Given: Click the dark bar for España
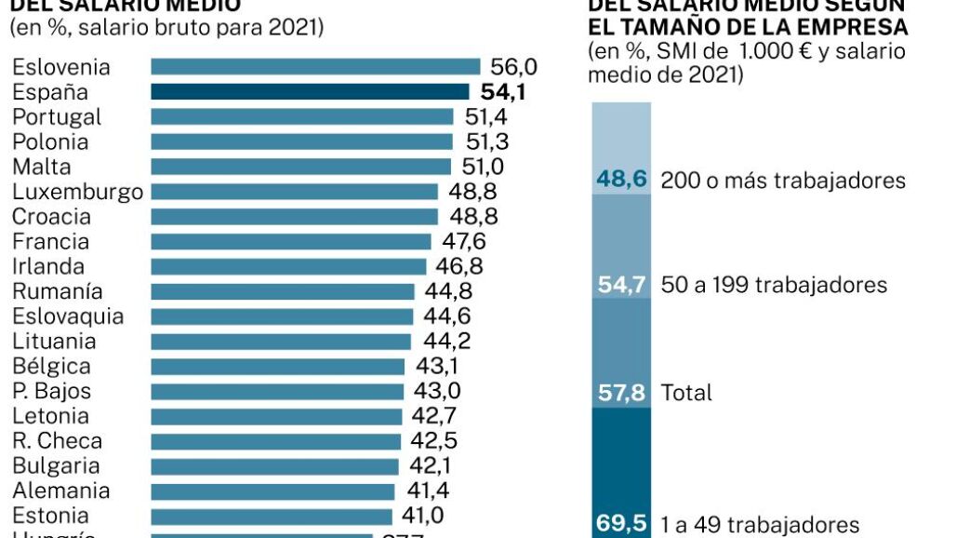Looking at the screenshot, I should point(310,91).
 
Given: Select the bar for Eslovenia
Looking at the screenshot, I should point(315,66).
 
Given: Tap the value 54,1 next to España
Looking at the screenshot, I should point(503,91).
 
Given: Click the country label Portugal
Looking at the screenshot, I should point(57,116).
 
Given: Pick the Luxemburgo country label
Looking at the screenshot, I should point(77,192).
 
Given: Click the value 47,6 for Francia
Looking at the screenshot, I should point(464,242).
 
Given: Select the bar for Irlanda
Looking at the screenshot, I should point(287,266).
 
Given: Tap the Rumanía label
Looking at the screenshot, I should point(58,291).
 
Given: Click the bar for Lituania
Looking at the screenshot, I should point(281,342).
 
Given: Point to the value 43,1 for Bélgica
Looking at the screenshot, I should point(434,367).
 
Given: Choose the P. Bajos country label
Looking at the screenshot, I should point(52,391).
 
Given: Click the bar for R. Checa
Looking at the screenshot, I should point(275,441).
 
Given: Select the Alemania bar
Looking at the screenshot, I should point(273,491).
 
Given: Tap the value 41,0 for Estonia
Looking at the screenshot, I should point(421,516).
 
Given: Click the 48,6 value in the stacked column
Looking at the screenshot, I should point(621,179).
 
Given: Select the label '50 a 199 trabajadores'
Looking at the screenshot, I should point(774,285).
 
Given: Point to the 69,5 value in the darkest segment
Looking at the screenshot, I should point(621,524).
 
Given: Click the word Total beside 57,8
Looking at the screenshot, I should point(686,392).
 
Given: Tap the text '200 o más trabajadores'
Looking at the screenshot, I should point(783,180).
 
